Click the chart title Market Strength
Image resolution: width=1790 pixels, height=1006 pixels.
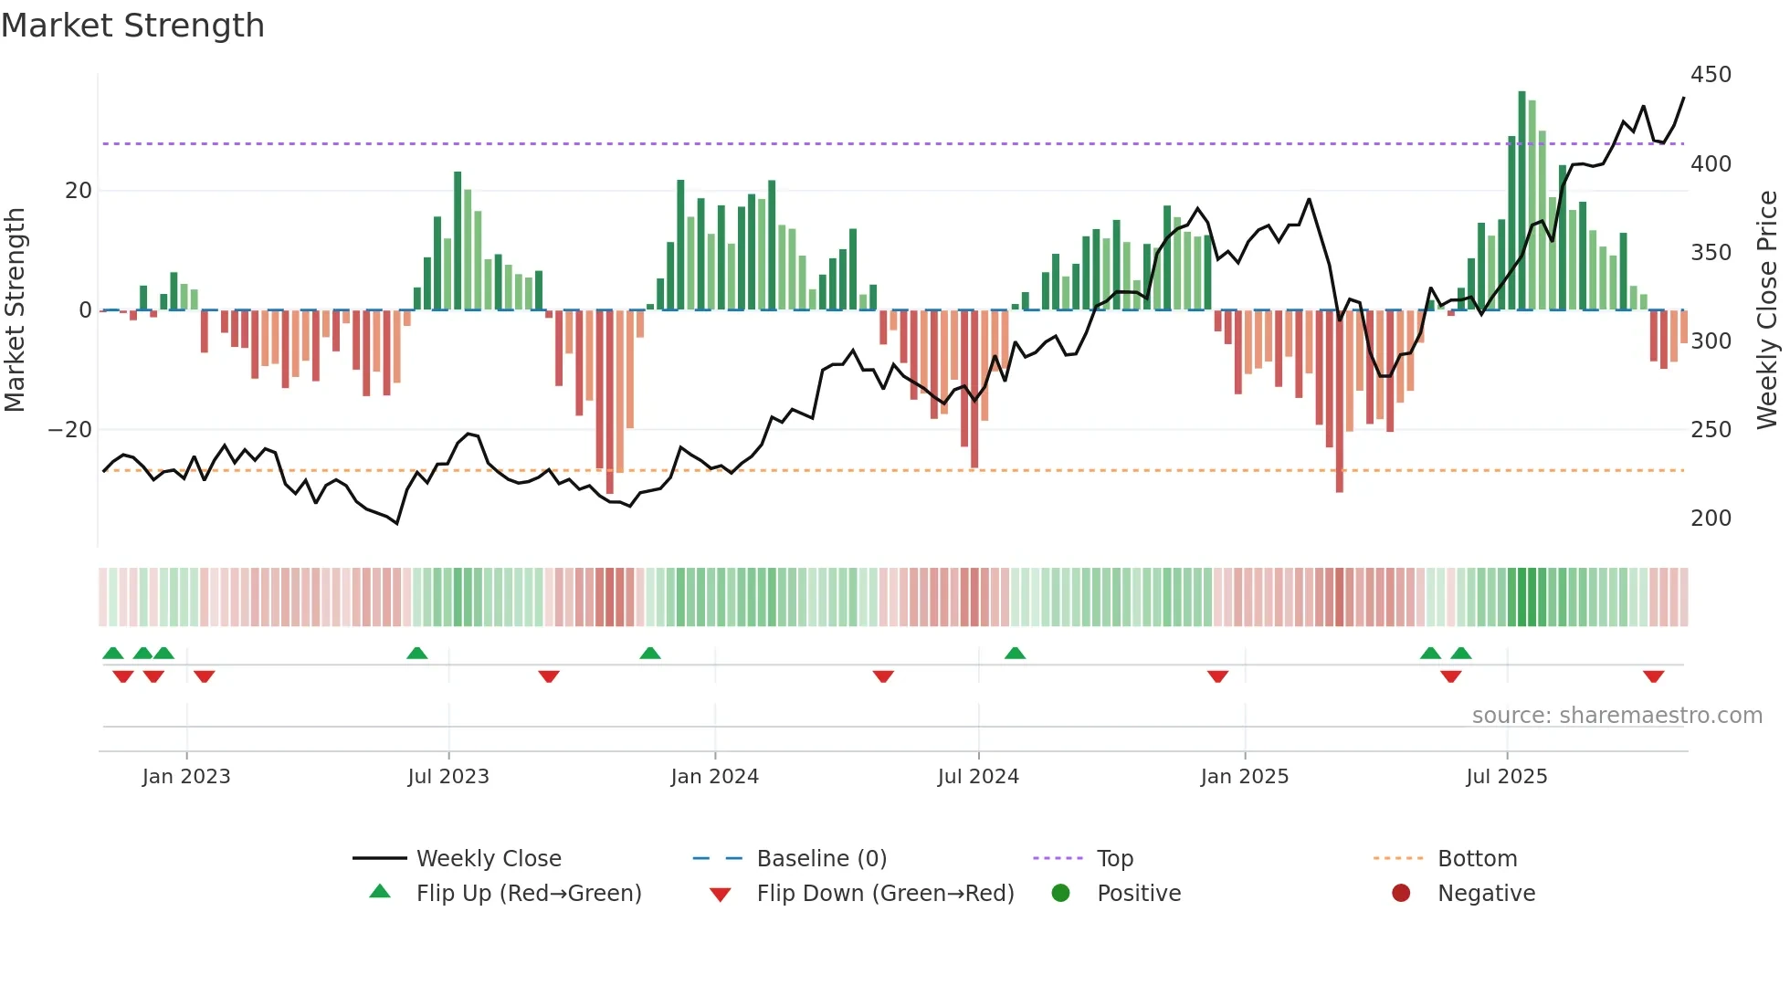click(132, 26)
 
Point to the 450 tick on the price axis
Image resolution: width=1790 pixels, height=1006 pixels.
click(1711, 75)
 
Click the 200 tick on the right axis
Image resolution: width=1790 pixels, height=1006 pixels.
click(1711, 519)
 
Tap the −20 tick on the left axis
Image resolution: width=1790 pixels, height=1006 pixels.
click(70, 430)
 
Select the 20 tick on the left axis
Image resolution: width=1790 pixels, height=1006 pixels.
click(79, 191)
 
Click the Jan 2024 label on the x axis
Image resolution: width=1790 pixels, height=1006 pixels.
click(714, 777)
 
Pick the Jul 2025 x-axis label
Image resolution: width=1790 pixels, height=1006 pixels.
click(1506, 777)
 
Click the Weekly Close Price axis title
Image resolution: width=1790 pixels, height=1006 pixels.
click(1767, 310)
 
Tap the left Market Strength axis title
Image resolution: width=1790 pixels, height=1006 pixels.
click(15, 310)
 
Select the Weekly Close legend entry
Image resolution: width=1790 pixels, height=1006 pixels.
click(488, 859)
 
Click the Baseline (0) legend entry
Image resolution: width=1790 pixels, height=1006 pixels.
click(821, 859)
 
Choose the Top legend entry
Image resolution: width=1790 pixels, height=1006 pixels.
click(1114, 859)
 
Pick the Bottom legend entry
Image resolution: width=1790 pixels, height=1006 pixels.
click(1477, 859)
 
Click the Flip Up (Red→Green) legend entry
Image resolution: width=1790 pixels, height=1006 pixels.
click(528, 894)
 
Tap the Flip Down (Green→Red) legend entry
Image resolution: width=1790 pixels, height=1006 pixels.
click(884, 894)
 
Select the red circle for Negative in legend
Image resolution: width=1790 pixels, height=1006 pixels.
click(1401, 894)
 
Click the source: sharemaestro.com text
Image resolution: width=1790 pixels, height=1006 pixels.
click(1616, 716)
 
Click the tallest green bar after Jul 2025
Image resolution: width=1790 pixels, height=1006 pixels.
click(1522, 201)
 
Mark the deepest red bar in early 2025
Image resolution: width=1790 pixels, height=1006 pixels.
click(1340, 402)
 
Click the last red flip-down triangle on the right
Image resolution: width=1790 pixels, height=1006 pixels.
click(1653, 676)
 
